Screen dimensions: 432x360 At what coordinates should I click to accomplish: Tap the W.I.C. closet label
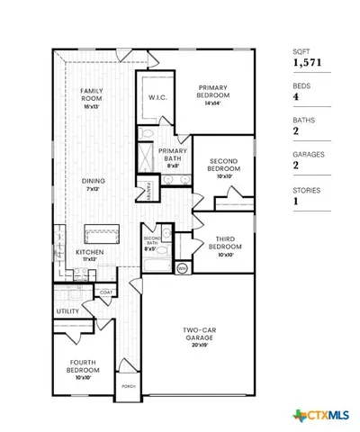pos(156,98)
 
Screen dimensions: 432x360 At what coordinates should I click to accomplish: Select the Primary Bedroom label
pos(217,94)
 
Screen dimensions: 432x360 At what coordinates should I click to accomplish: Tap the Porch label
pos(128,389)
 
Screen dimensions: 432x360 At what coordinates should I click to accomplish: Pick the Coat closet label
pos(105,292)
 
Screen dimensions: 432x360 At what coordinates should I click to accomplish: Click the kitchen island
pos(102,234)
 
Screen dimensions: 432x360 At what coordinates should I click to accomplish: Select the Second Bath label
pos(152,240)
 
